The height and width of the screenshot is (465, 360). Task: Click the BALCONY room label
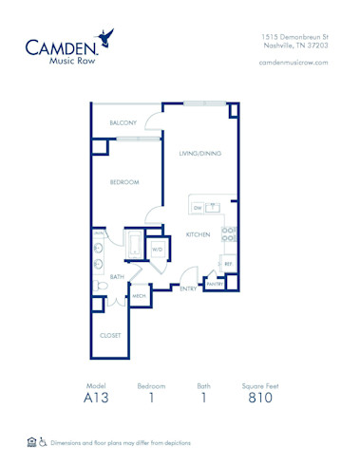click(x=122, y=123)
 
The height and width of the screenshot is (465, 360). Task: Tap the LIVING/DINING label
click(x=200, y=152)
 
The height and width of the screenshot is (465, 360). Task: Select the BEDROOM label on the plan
click(x=123, y=182)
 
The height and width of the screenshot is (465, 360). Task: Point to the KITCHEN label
click(x=197, y=233)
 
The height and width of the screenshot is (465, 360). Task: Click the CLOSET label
click(x=111, y=335)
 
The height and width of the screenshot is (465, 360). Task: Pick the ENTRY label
click(x=188, y=288)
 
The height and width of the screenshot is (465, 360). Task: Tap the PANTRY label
click(x=215, y=284)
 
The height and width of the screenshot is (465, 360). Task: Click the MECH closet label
click(x=139, y=296)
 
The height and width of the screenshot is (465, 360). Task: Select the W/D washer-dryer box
click(x=158, y=250)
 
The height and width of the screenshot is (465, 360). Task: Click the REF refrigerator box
click(x=227, y=263)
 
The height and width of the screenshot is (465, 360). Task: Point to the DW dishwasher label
click(x=198, y=207)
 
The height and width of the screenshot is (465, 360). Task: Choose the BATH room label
click(x=117, y=276)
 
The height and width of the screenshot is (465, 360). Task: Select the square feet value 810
click(x=260, y=400)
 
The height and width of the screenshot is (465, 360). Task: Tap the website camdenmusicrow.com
click(x=294, y=62)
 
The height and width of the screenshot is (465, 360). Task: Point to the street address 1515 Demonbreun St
click(x=294, y=36)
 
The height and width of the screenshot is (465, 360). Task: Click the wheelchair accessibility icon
click(x=44, y=442)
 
